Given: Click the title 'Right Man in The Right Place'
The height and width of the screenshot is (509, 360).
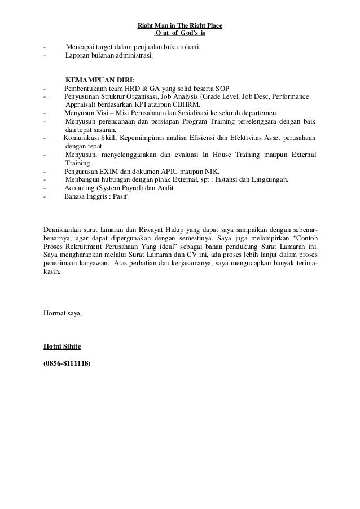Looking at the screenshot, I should click(180, 26).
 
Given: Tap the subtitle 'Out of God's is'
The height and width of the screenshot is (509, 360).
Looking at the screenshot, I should click(180, 33).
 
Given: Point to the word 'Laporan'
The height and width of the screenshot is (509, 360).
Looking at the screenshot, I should click(77, 56).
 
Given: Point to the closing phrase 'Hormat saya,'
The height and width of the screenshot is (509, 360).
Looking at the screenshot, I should click(63, 313).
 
